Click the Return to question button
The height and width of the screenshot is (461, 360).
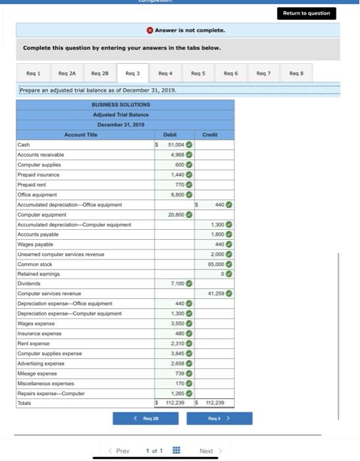coord(307,13)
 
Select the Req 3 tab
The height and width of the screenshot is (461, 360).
coord(132,73)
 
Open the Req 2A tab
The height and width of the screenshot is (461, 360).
coord(67,73)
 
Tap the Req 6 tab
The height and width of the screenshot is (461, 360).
coord(231,73)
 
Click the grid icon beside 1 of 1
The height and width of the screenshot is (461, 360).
coord(176,451)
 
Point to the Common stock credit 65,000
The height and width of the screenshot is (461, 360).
coord(215,263)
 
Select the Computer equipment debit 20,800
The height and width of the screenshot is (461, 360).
coord(176,215)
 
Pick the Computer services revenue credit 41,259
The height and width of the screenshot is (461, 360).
coord(216,293)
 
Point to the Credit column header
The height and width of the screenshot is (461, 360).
coord(210,134)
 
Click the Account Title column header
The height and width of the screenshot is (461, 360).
coord(81,134)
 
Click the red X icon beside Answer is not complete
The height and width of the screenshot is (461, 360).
coord(151,30)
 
